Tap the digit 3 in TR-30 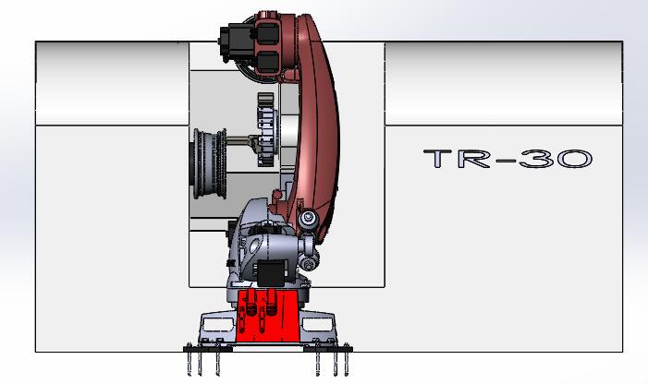pyautogui.click(x=538, y=159)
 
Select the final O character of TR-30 pyautogui.click(x=573, y=159)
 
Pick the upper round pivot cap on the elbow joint pyautogui.click(x=308, y=218)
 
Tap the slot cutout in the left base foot pyautogui.click(x=217, y=325)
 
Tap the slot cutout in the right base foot pyautogui.click(x=324, y=325)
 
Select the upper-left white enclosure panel pyautogui.click(x=111, y=83)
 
